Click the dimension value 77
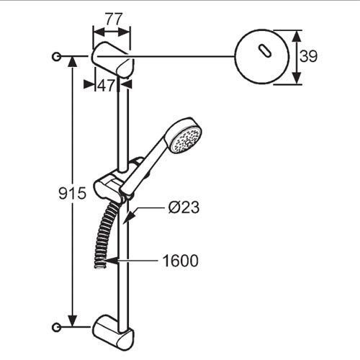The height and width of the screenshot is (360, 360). tap(114, 19)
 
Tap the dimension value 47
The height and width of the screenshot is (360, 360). tap(107, 85)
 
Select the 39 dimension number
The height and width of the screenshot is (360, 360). tap(308, 56)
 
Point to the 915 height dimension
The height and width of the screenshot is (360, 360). tap(72, 193)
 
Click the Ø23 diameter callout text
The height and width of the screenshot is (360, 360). tap(184, 207)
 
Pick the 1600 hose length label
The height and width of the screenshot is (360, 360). tap(181, 261)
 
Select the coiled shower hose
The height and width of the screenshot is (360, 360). tap(105, 235)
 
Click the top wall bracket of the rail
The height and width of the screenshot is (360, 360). tap(112, 60)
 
